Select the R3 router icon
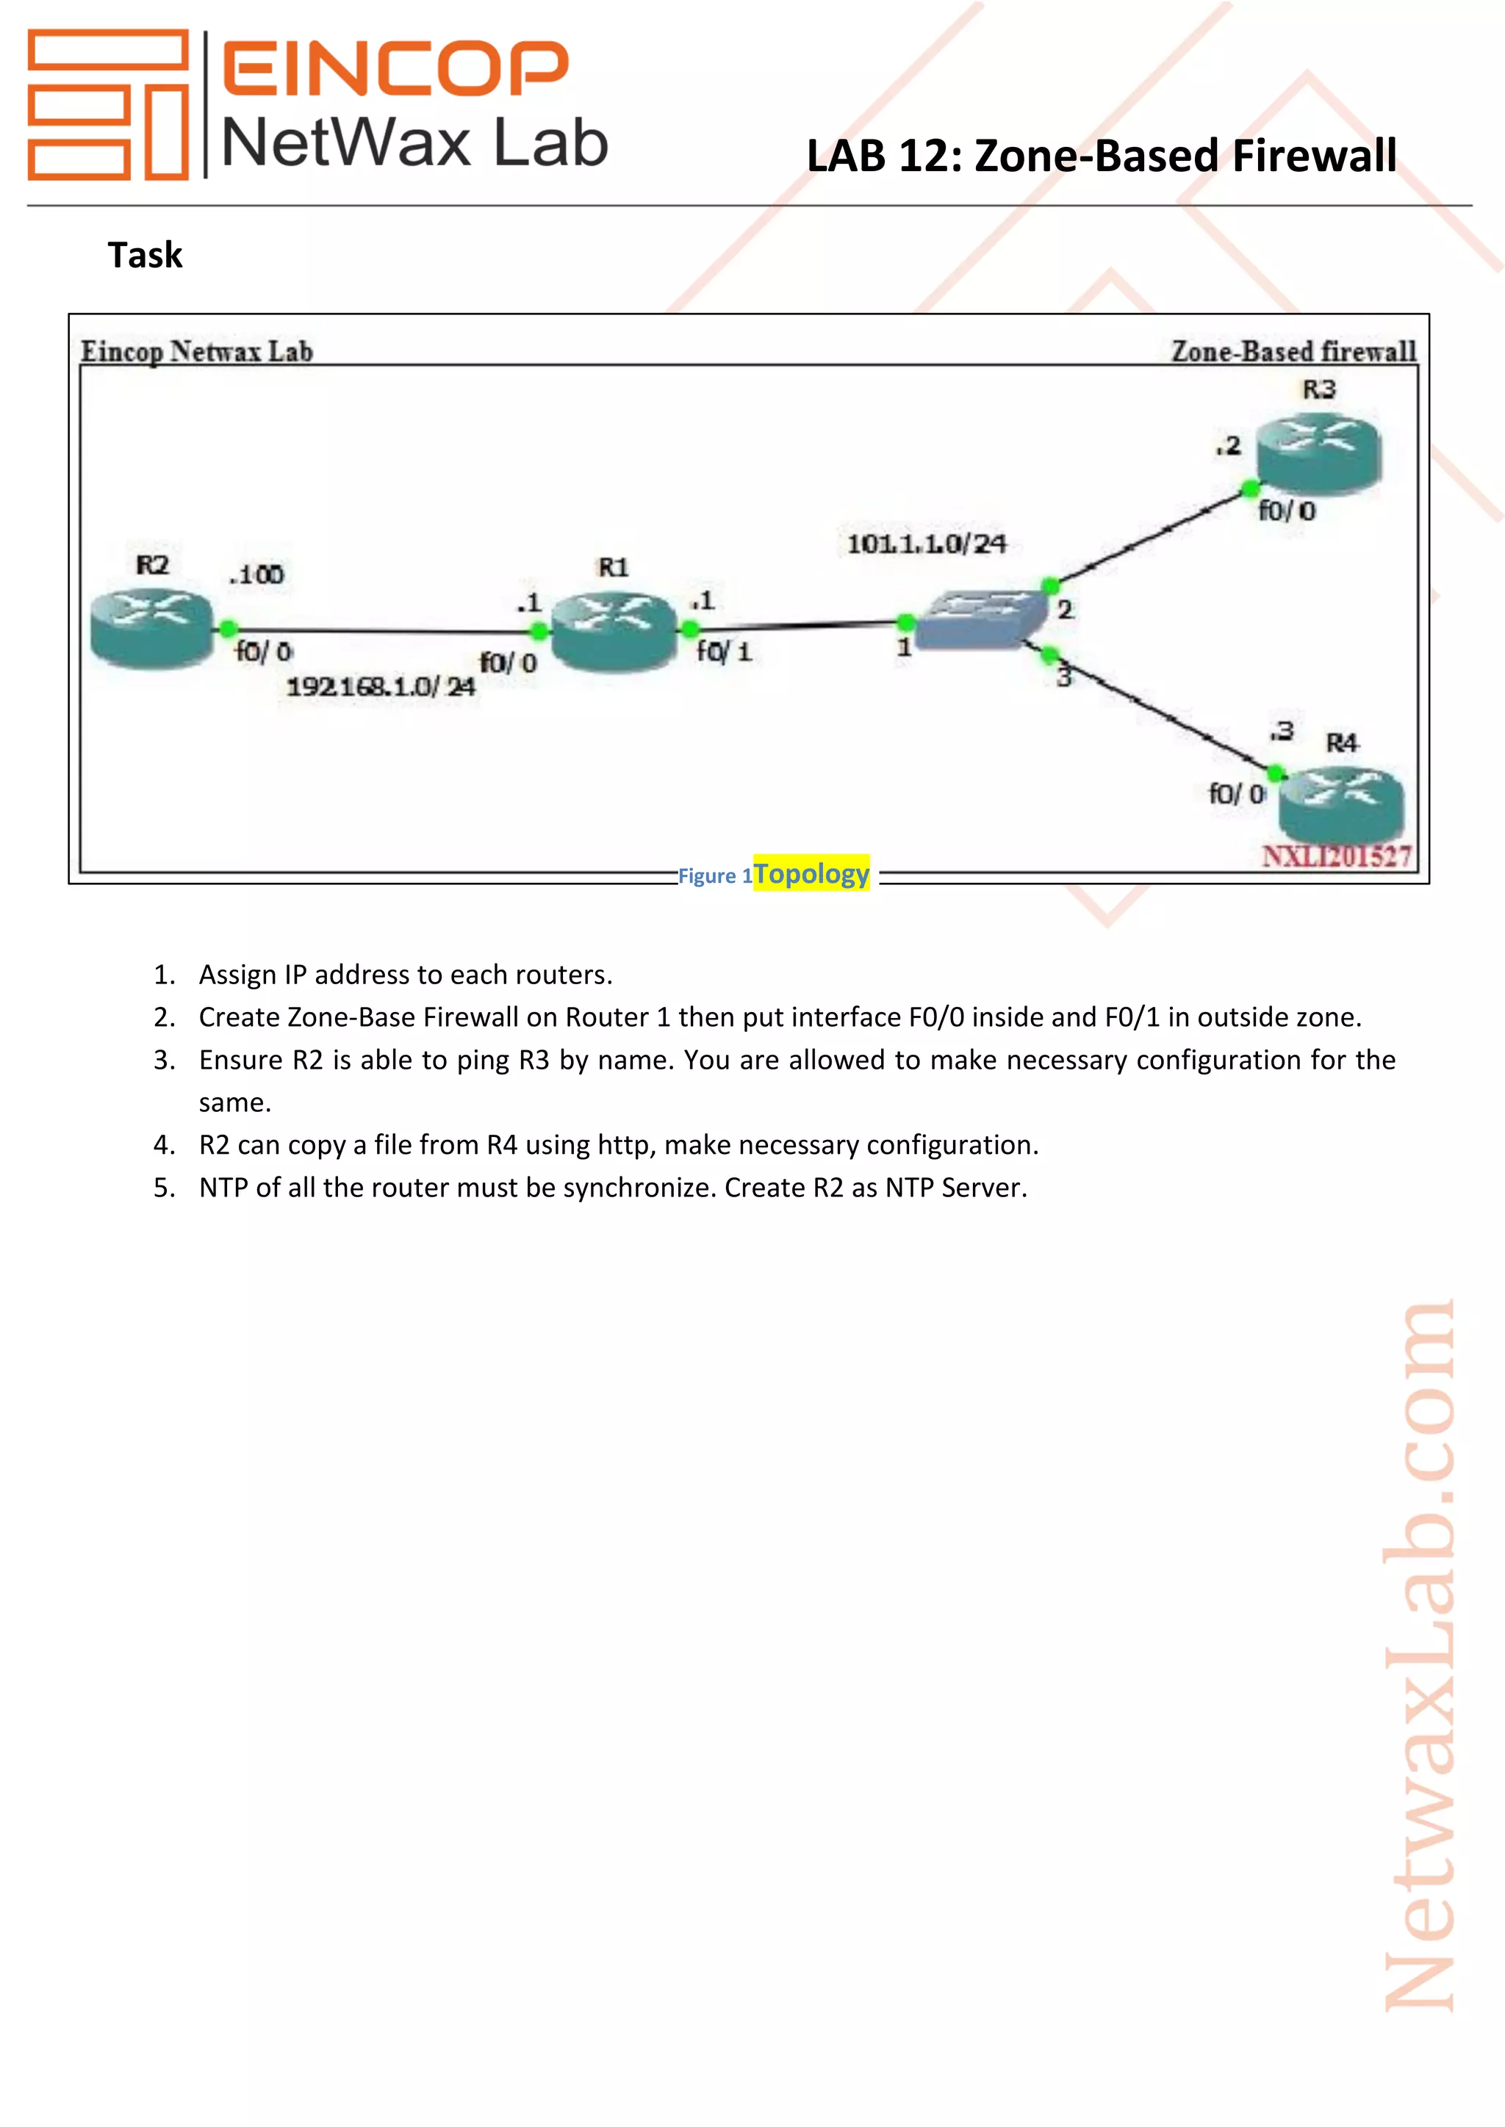pos(1318,454)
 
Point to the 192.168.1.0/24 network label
pos(380,687)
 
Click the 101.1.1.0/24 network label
pos(926,544)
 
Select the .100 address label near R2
pos(256,574)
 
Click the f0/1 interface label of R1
pos(724,652)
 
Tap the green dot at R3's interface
pos(1250,488)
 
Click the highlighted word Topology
pos(811,873)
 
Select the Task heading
pos(145,255)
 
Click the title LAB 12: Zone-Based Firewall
pos(1100,156)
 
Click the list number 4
pos(164,1145)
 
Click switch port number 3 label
pos(1064,677)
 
